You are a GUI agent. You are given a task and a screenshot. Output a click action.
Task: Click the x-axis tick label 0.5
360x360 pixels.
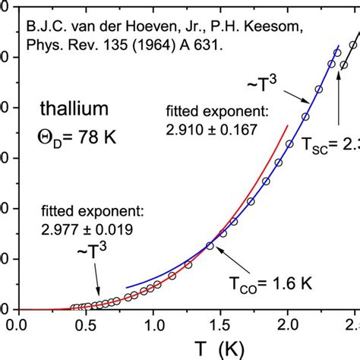[x=86, y=325]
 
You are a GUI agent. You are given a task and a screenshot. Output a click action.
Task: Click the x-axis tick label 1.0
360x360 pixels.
[x=153, y=325]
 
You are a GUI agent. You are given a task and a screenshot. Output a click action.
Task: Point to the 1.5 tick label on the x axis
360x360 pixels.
[x=219, y=325]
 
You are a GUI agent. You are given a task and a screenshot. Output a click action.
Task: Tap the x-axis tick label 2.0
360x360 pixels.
[x=287, y=325]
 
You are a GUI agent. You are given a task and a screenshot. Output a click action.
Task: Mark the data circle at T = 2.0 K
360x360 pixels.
[x=288, y=144]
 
